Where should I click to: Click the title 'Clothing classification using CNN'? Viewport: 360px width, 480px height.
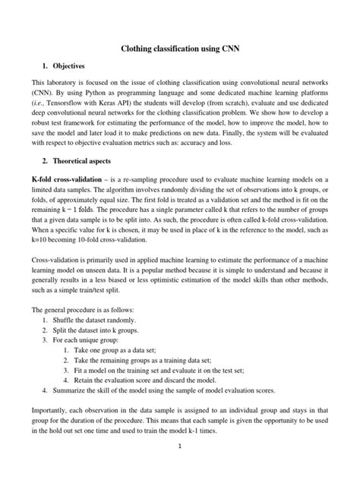[180, 49]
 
